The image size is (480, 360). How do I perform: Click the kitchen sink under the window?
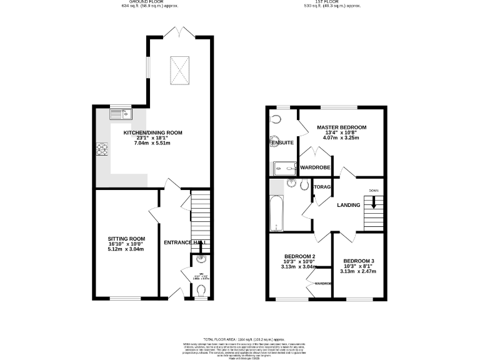(120, 114)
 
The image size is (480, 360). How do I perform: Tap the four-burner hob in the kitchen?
(102, 149)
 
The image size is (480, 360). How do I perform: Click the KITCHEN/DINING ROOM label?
(152, 132)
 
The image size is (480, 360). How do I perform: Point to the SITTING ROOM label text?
(126, 239)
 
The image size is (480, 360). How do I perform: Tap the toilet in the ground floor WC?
(201, 290)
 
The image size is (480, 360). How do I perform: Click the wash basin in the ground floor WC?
(200, 259)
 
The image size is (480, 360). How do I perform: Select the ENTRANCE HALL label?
(186, 242)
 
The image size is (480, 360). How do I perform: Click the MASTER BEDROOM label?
(341, 127)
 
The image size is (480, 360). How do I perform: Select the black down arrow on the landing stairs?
(374, 202)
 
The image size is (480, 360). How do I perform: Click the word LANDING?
(348, 205)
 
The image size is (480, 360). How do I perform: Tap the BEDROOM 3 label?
(359, 261)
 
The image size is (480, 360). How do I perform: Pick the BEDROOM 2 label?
(299, 256)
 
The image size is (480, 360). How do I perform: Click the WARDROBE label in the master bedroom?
(315, 167)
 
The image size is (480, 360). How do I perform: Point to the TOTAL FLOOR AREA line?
(239, 338)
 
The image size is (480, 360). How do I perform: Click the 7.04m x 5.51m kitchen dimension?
(152, 143)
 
